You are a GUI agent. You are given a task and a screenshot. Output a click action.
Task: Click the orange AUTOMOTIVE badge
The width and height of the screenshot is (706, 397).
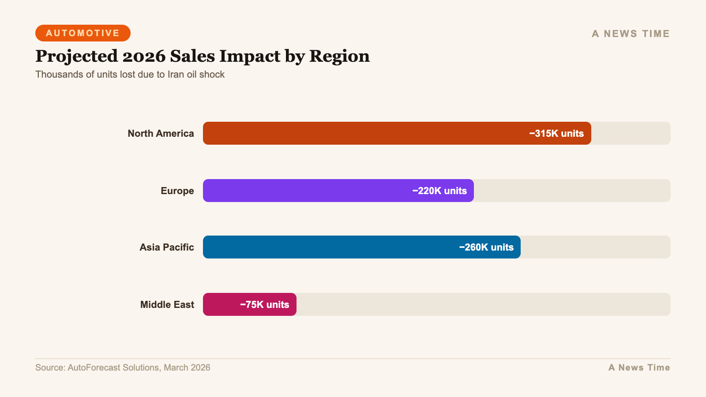83,33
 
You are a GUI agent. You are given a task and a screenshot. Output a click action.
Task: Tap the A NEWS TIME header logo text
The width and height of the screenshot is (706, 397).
631,34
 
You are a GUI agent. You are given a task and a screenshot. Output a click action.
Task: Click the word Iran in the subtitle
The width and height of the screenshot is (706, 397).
176,74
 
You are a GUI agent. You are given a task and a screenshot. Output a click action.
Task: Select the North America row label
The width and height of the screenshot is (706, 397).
161,133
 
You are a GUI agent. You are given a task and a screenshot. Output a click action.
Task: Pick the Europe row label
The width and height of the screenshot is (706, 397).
177,191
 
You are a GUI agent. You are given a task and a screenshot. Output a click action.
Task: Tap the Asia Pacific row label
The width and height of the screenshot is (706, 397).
166,247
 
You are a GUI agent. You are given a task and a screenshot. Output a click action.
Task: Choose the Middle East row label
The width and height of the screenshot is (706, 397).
167,304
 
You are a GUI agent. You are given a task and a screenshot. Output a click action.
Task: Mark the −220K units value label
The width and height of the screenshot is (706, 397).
439,191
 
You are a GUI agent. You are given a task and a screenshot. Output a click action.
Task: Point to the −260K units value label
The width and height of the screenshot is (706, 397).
486,247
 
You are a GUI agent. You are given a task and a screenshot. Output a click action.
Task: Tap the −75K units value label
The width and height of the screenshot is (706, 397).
264,304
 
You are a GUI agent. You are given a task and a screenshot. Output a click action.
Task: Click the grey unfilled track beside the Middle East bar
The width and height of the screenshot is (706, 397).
483,304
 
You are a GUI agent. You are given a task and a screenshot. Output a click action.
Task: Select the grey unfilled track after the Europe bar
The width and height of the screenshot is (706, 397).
571,191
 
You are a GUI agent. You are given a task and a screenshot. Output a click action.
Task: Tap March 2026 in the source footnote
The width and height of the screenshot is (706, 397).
187,367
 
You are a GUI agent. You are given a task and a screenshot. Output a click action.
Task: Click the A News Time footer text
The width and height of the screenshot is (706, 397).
639,367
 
